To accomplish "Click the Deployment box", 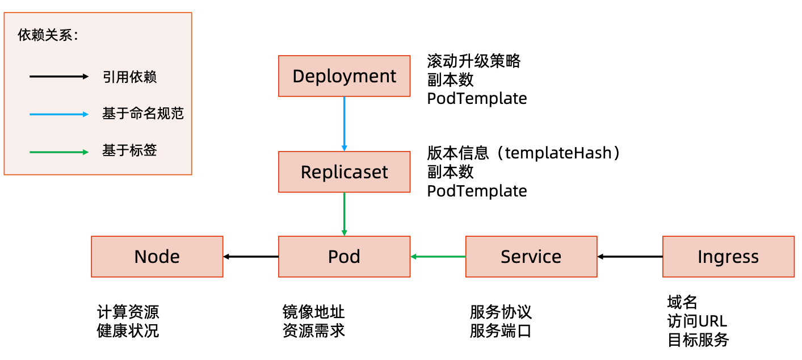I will (x=344, y=76).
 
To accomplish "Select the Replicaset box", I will (x=344, y=172).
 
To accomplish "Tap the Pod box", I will (x=344, y=257).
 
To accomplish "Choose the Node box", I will (x=157, y=257).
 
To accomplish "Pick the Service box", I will (x=531, y=257).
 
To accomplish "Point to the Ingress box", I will (x=728, y=257).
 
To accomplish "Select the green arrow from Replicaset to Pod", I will (x=344, y=214).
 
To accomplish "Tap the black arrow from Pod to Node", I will (x=251, y=257).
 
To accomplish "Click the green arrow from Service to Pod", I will (x=438, y=257).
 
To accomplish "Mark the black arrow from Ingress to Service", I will (x=630, y=257).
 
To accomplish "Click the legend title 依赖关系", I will (x=48, y=35).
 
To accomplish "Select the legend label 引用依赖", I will (x=129, y=77).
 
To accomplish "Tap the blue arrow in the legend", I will (x=59, y=114).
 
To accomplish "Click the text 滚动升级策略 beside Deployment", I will (x=473, y=61).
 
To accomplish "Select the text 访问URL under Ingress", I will (x=697, y=321).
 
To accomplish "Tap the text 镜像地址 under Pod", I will (x=313, y=312).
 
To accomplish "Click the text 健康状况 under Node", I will (x=128, y=330).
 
